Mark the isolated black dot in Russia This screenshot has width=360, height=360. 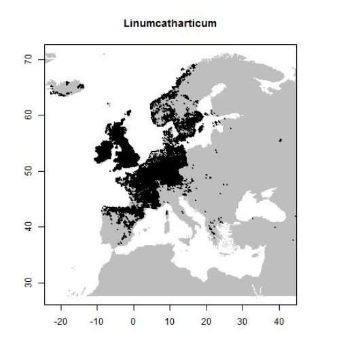[281, 140]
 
